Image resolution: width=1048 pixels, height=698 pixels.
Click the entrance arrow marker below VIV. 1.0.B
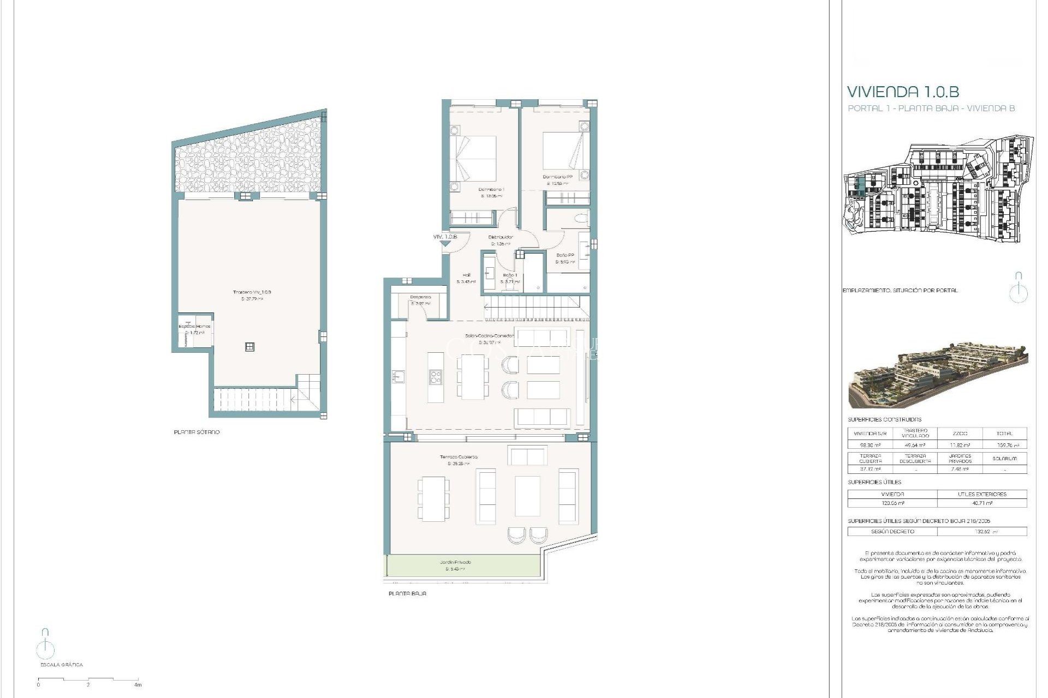click(x=445, y=244)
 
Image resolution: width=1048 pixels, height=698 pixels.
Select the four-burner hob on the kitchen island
click(x=435, y=376)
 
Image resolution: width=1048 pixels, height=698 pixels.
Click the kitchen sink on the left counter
click(x=397, y=376)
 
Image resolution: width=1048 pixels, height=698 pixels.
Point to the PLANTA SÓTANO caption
click(x=196, y=432)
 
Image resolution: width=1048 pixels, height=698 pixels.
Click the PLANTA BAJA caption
click(x=407, y=593)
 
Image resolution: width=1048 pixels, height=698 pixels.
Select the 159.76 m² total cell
click(x=1004, y=445)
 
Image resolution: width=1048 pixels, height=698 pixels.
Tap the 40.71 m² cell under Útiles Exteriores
click(x=981, y=503)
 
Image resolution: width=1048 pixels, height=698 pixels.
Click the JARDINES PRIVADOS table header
click(x=960, y=458)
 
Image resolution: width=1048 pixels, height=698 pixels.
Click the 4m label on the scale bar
click(x=138, y=684)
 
